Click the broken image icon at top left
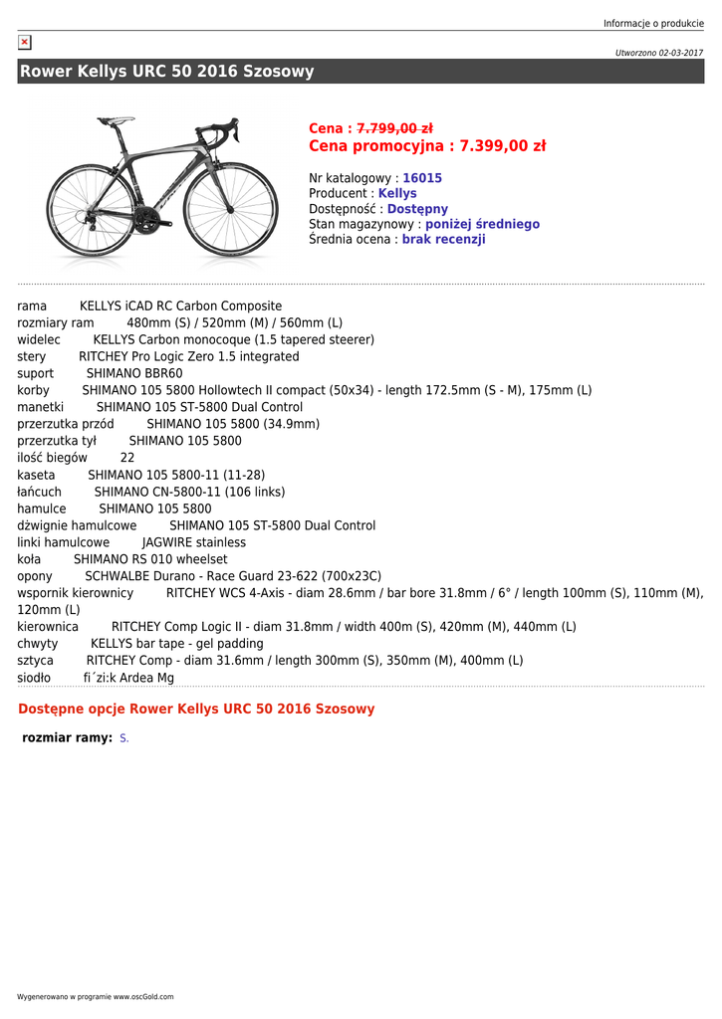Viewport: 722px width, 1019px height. (25, 42)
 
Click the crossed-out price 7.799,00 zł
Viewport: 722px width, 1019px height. (394, 128)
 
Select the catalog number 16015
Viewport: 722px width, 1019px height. (422, 178)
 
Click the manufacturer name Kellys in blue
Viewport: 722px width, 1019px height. (397, 193)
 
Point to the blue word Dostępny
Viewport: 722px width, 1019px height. (417, 209)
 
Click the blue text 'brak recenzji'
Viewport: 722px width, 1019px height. (443, 240)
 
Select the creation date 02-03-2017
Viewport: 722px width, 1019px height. (680, 53)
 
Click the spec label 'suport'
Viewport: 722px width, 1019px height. (36, 374)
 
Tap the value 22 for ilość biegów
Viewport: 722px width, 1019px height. (127, 459)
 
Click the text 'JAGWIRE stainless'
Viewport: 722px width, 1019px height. (194, 543)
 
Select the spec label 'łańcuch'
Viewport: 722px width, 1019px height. (40, 493)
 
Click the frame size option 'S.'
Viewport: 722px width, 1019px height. (124, 738)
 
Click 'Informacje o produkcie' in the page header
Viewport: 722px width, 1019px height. (653, 23)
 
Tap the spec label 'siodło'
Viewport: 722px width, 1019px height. (34, 679)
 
